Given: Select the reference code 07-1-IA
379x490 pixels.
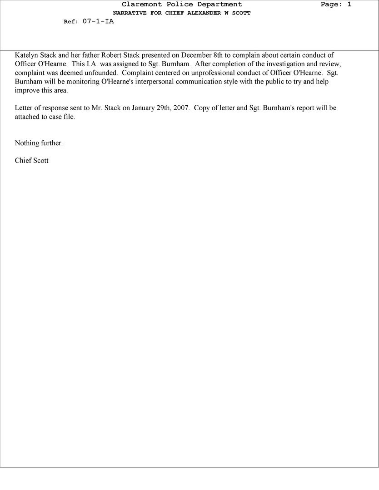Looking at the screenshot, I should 98,21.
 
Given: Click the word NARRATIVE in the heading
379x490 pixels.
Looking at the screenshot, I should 130,13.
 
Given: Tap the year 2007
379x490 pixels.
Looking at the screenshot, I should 181,108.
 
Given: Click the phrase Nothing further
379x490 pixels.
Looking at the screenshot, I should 39,143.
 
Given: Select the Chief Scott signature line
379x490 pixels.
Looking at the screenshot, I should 32,161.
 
